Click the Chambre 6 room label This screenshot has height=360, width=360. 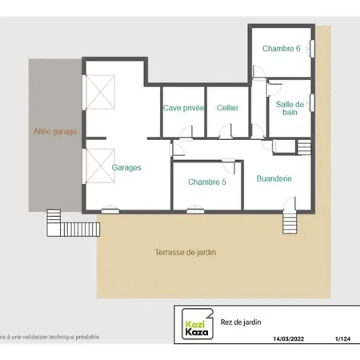click(282, 49)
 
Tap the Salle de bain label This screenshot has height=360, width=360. click(290, 108)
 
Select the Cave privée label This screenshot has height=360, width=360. click(183, 108)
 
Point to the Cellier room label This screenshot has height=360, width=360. click(228, 108)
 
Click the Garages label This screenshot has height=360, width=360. click(126, 168)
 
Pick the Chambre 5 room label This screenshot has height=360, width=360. click(207, 182)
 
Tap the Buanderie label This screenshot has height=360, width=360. click(274, 180)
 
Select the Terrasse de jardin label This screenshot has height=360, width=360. click(186, 252)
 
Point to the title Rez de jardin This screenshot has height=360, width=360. click(241, 322)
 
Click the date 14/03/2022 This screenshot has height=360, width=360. click(289, 339)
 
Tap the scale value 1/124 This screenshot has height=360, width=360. click(342, 339)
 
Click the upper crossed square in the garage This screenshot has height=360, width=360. click(101, 91)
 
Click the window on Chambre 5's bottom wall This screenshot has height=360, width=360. click(193, 210)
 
